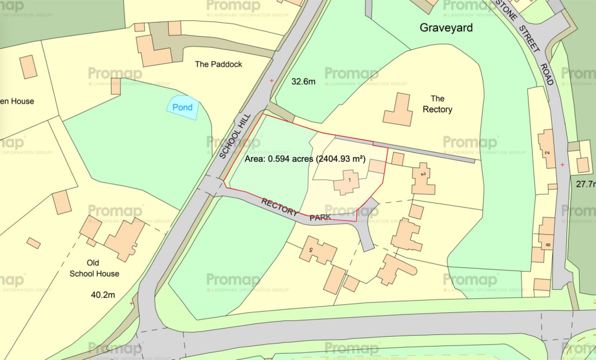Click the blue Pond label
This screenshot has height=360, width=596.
tap(183, 108)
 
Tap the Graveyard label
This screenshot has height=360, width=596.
tap(446, 27)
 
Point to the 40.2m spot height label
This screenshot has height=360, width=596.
tap(103, 295)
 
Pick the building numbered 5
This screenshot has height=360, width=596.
tap(318, 251)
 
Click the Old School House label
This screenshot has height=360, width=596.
tap(94, 268)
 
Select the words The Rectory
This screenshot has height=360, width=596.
tap(437, 104)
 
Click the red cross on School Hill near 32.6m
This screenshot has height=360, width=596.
tap(271, 80)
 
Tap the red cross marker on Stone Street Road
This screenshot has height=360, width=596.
tap(562, 165)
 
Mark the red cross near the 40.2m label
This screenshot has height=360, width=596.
tap(132, 303)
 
